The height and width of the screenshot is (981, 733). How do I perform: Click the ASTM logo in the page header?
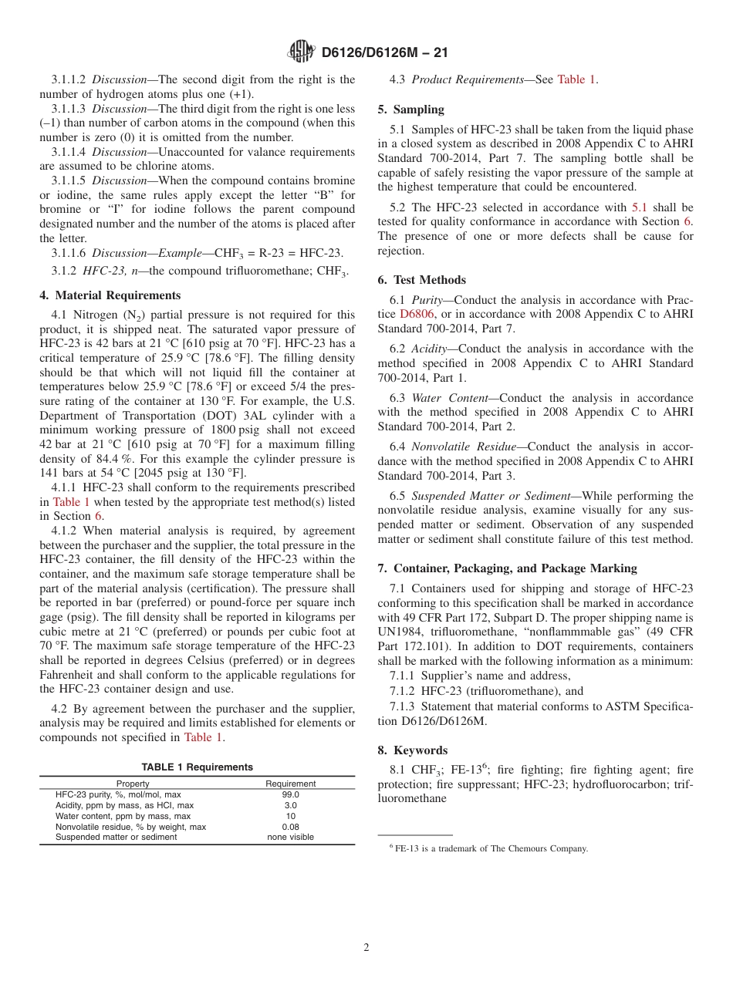pyautogui.click(x=301, y=52)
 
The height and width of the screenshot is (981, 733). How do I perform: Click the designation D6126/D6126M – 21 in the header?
pyautogui.click(x=383, y=52)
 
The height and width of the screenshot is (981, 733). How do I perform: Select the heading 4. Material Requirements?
pyautogui.click(x=110, y=295)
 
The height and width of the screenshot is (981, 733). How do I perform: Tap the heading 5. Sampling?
pyautogui.click(x=410, y=110)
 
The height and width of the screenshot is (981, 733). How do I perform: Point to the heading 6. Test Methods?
pyautogui.click(x=422, y=280)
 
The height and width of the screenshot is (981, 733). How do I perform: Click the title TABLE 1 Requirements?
pyautogui.click(x=197, y=767)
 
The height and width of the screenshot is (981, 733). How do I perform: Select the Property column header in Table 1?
pyautogui.click(x=133, y=784)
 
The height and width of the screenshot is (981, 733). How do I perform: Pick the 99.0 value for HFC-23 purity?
pyautogui.click(x=291, y=794)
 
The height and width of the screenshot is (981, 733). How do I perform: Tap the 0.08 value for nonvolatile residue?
pyautogui.click(x=291, y=827)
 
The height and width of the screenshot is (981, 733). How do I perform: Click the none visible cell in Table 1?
pyautogui.click(x=291, y=838)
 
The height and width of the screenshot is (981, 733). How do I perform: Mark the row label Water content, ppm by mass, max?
pyautogui.click(x=123, y=816)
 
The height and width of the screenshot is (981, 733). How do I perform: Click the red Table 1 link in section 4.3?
pyautogui.click(x=576, y=79)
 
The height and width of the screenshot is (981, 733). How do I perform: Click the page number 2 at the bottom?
pyautogui.click(x=366, y=948)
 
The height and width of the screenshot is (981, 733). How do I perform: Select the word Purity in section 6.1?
pyautogui.click(x=427, y=300)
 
